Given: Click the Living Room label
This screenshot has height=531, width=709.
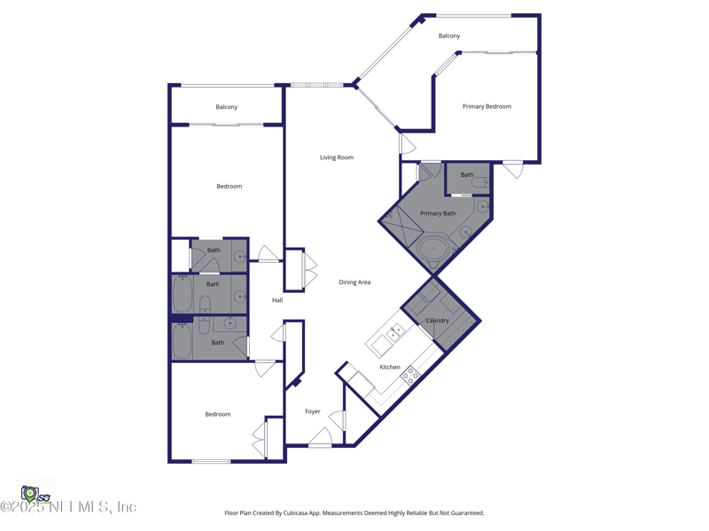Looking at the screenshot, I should click(x=337, y=158).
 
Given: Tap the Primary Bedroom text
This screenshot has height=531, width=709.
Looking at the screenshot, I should click(x=487, y=106).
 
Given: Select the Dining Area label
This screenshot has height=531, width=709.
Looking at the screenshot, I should click(x=354, y=282).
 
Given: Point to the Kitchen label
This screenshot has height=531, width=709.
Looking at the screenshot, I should click(x=390, y=367).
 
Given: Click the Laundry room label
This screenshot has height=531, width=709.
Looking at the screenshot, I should click(x=438, y=320).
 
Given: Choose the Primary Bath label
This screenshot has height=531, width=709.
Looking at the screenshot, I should click(x=438, y=213).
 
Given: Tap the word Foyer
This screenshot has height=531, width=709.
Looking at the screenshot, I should click(x=313, y=412).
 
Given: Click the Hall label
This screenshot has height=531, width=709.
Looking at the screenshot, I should click(x=277, y=301).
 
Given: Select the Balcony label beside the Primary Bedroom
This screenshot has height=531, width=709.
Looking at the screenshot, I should click(x=449, y=36).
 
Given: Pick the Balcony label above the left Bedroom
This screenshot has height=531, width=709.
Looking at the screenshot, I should click(x=227, y=107).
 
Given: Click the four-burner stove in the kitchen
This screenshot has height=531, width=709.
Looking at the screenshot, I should click(x=410, y=375).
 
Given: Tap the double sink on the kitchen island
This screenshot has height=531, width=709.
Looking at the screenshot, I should click(x=393, y=334).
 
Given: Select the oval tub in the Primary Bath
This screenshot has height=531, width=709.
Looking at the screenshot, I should click(x=433, y=249).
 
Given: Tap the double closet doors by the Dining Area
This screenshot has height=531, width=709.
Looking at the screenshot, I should click(x=309, y=271).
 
